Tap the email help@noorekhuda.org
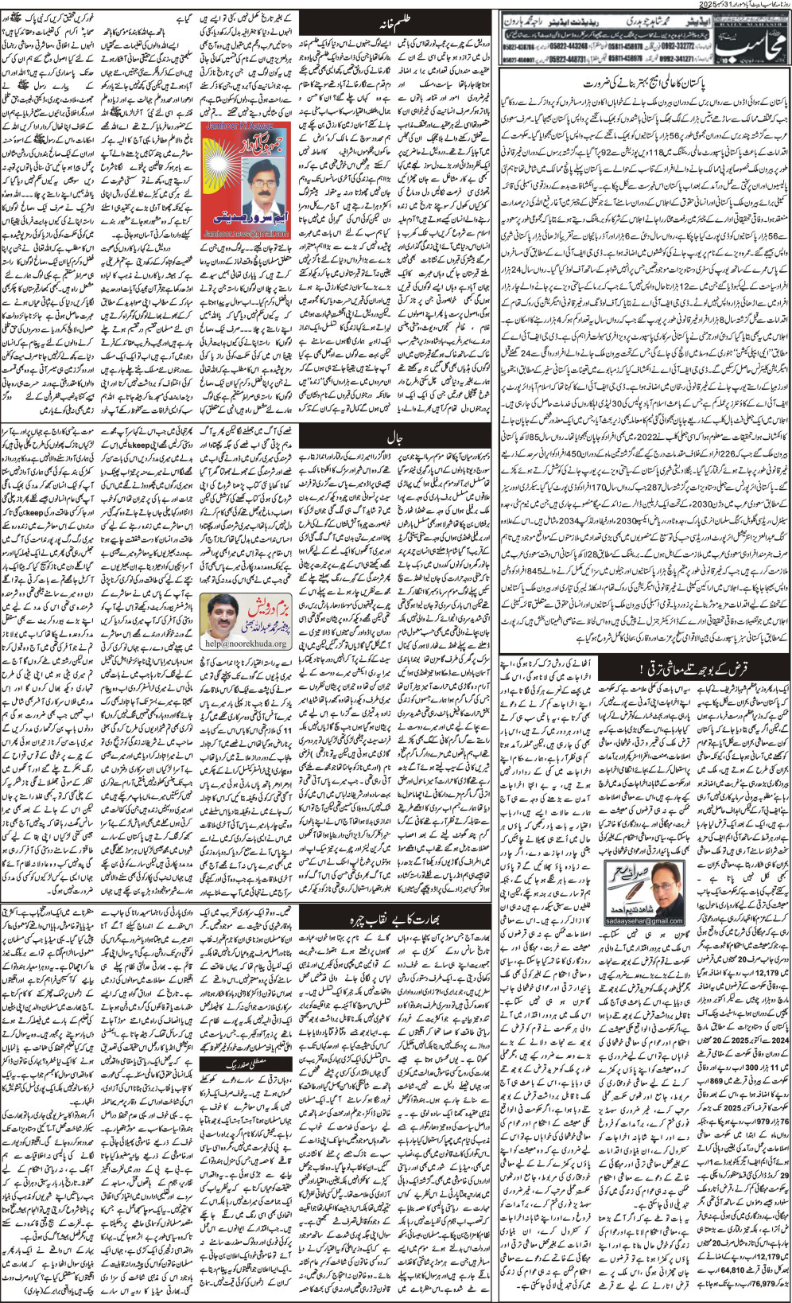243,643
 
